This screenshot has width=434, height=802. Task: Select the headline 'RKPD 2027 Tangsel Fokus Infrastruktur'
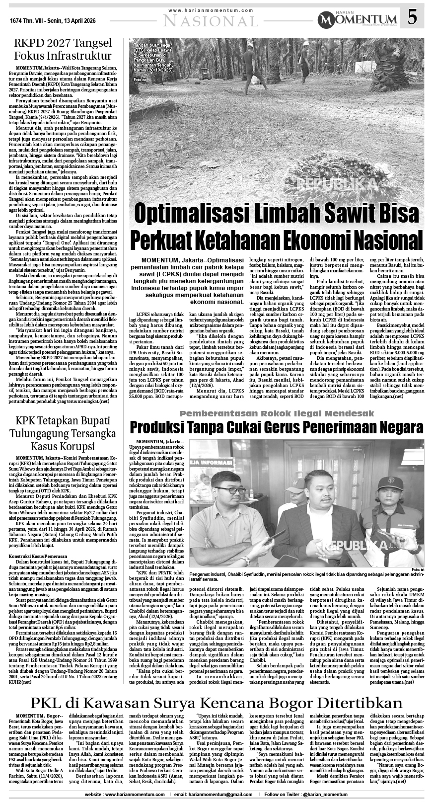point(63,49)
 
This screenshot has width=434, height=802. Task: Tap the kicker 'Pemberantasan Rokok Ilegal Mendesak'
point(276,413)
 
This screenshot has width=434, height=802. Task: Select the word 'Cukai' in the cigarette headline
point(253,427)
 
